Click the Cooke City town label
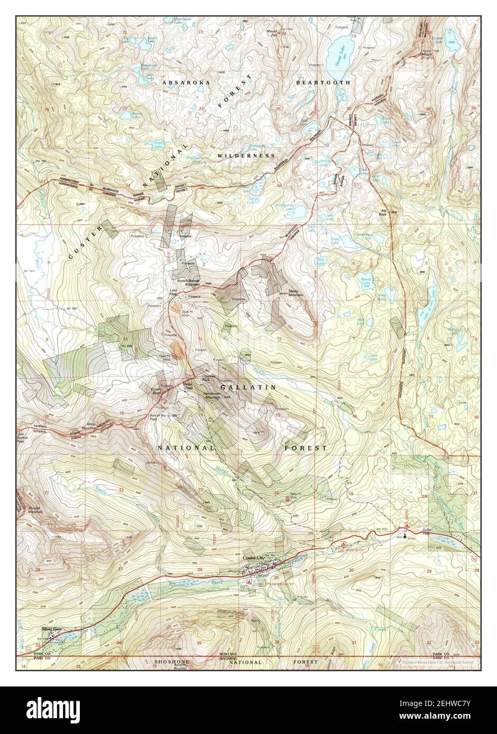254,558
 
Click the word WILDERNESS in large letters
246,156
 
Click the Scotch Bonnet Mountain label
189,282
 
